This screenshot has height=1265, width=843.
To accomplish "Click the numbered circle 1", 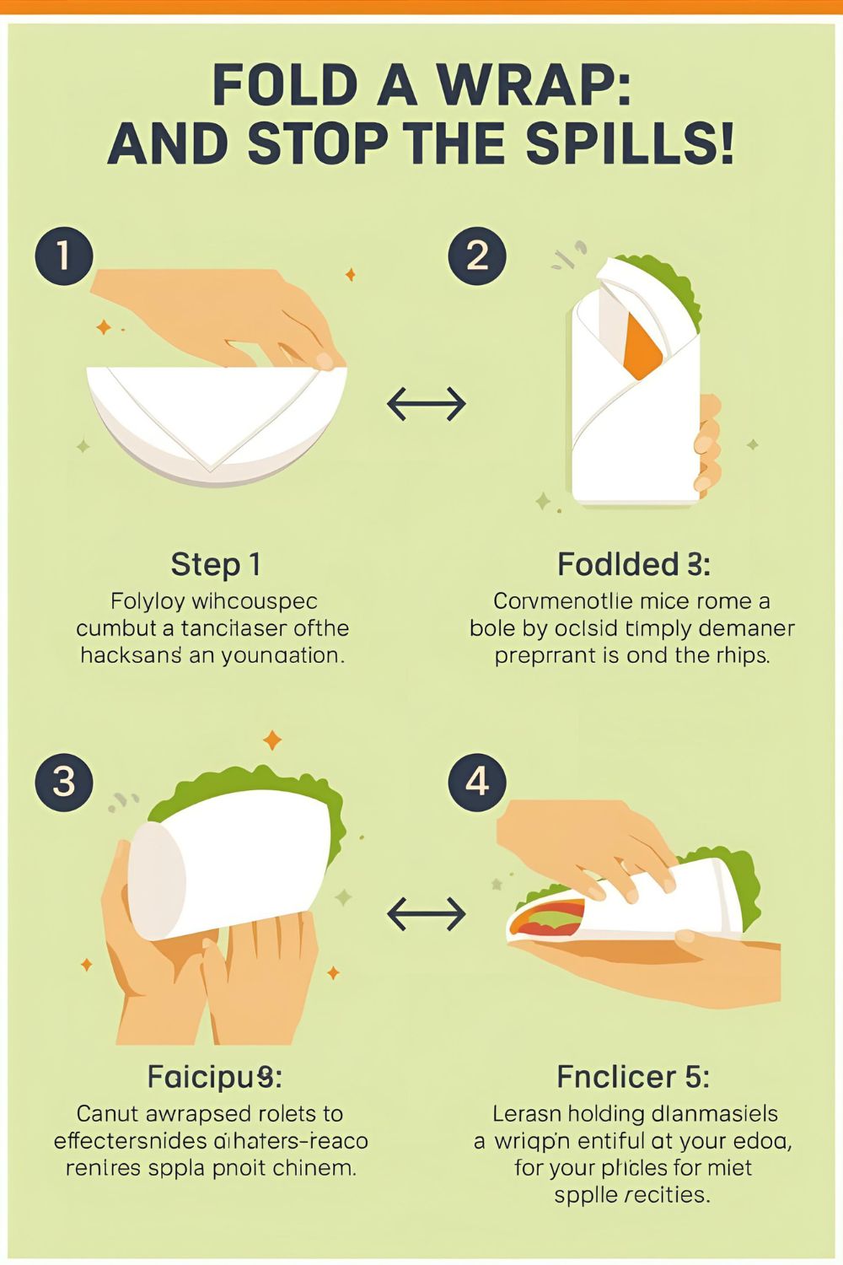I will point(63,255).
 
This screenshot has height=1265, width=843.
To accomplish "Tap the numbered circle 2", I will point(477,255).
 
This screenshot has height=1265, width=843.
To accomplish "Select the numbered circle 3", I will point(63,782).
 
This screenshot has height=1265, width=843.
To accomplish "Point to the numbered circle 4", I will point(477,782).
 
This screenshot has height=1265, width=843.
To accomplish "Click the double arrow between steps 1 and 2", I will point(426,405).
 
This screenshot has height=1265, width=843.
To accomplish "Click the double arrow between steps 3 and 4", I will point(426,913).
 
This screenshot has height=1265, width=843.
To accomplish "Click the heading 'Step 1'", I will point(216,564).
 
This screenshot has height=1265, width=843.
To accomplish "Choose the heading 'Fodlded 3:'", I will point(633,564).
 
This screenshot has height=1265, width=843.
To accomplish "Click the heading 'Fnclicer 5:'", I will point(632,1077).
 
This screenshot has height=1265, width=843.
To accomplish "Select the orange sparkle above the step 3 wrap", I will point(271,740).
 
